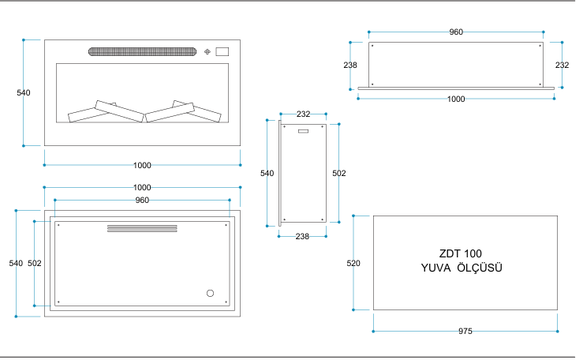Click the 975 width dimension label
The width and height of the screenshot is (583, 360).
[465, 332]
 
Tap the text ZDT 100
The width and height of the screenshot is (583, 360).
[460, 254]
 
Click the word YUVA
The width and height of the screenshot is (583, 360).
[436, 268]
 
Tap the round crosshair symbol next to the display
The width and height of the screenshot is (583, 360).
[207, 52]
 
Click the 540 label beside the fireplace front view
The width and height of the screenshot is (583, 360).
[24, 93]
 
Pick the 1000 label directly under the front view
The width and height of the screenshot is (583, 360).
[142, 165]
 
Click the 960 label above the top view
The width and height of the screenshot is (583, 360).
[456, 32]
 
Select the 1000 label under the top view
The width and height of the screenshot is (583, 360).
[456, 99]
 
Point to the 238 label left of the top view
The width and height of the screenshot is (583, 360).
[351, 65]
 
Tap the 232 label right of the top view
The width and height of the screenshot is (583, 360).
[562, 65]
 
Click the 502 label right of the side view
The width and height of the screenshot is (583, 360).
[339, 172]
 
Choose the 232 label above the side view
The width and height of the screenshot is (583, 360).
[303, 114]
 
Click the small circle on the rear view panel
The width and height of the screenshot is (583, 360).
[210, 293]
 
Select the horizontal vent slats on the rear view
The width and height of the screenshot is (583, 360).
[142, 228]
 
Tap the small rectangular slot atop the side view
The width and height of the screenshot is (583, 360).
[303, 129]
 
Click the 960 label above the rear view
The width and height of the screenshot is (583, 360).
[142, 200]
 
